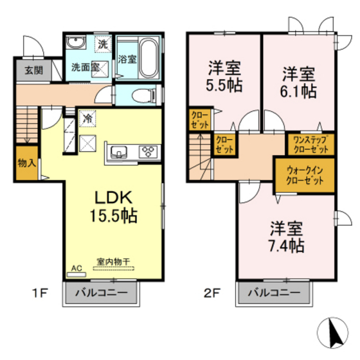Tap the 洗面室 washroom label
tap(84, 66)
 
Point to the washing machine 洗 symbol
tap(103, 44)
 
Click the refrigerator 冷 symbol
tap(86, 118)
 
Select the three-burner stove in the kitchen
tap(148, 152)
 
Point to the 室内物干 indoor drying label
tap(114, 262)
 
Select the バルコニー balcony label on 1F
tap(100, 293)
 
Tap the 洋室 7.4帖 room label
tap(286, 237)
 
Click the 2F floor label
tap(212, 294)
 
